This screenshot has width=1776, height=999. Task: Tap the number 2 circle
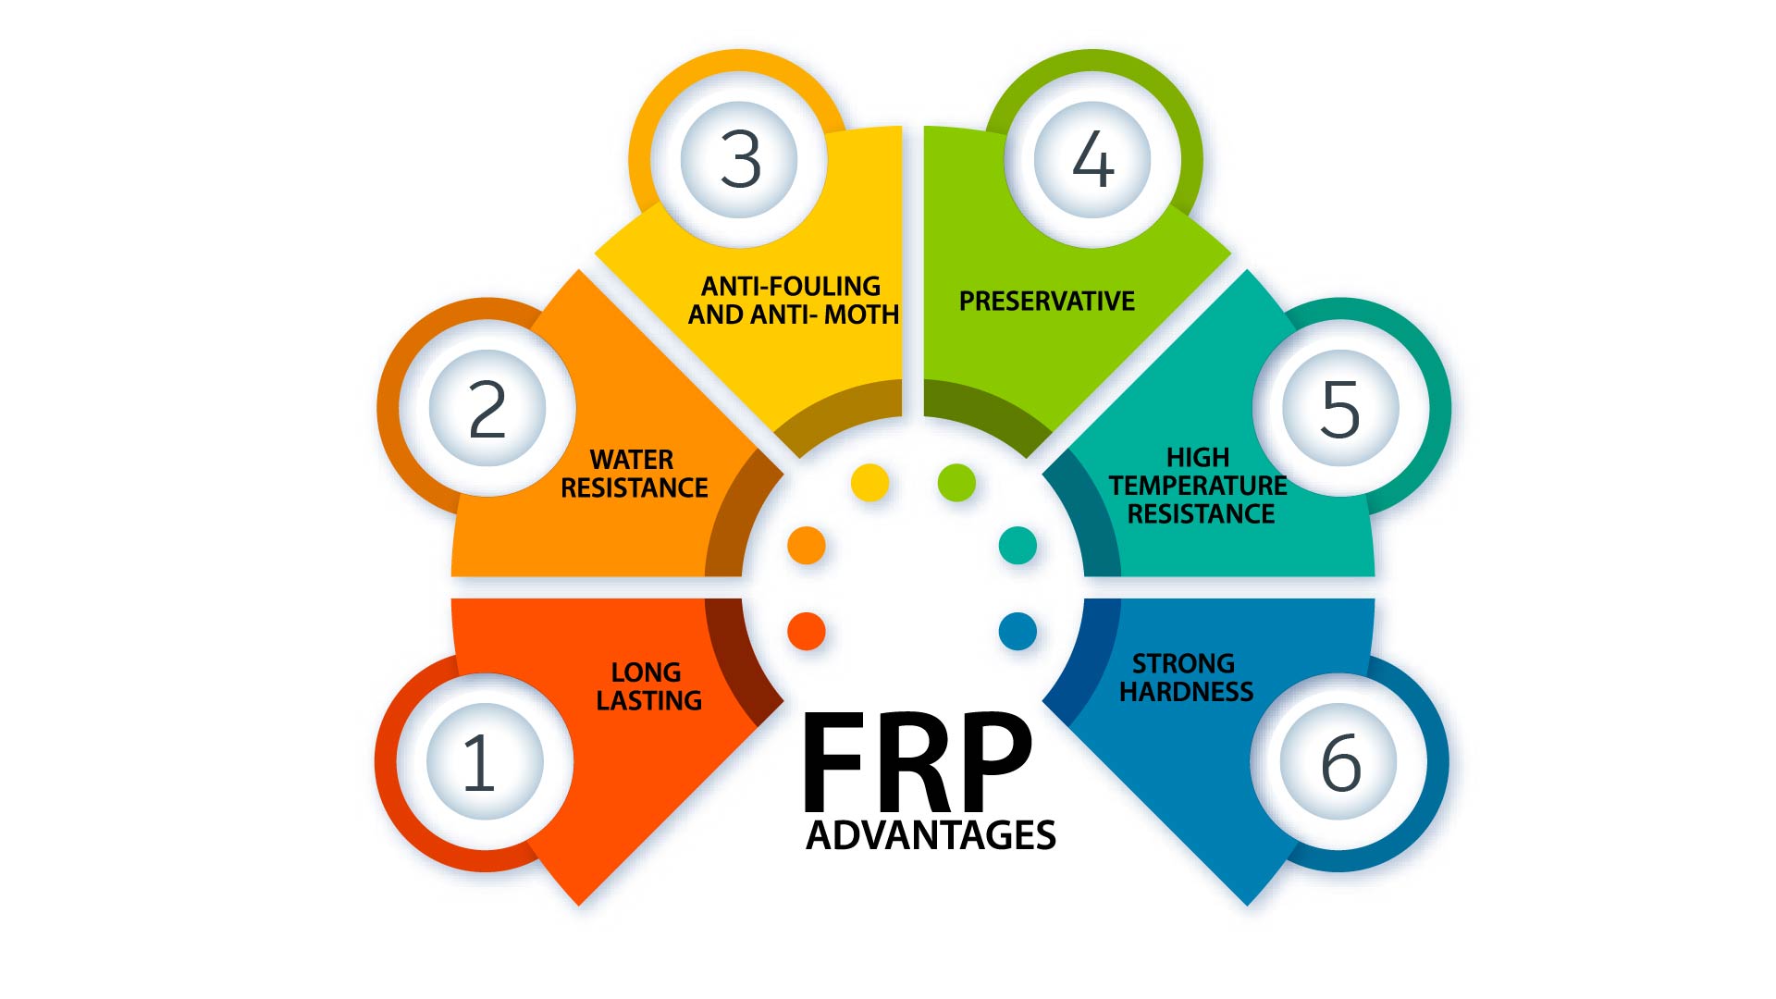point(487,408)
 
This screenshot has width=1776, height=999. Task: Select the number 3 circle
point(739,159)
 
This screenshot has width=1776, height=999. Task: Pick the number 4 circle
point(1091,159)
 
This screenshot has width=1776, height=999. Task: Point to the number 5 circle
point(1340,408)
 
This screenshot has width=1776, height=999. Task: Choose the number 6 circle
point(1338,761)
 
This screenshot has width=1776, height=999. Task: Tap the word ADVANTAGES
point(931,835)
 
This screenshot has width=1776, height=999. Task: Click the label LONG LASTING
point(647,686)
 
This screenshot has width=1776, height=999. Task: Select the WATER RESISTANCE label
point(635,474)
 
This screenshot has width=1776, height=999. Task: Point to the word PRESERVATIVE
point(1046,302)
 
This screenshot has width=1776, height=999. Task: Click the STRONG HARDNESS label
point(1186,677)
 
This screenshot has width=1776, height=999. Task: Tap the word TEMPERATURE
point(1198,486)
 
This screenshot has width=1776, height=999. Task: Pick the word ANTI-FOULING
point(791,286)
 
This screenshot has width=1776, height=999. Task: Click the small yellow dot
point(869,483)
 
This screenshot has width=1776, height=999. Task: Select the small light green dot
point(956,483)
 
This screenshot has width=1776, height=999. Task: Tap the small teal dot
point(1017,546)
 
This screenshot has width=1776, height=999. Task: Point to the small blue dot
point(1017,632)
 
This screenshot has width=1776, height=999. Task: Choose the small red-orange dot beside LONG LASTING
point(806,632)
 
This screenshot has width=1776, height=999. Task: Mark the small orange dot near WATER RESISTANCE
point(806,546)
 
